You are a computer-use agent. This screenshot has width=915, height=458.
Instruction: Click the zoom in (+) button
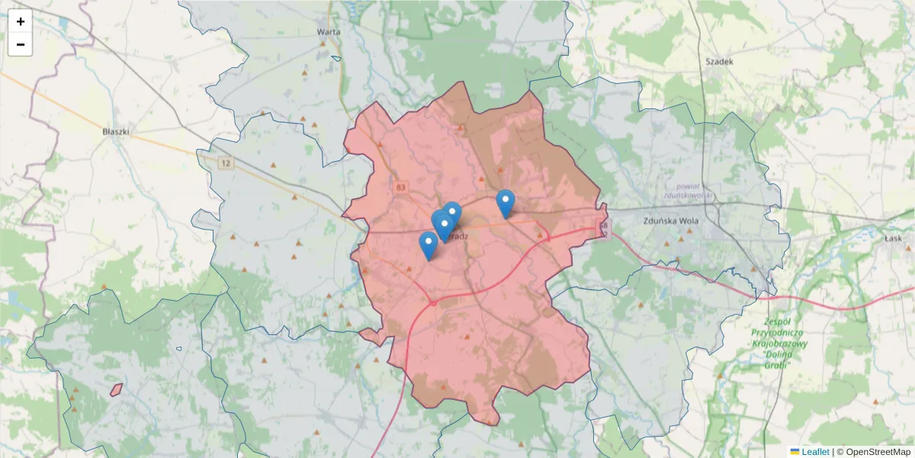21,21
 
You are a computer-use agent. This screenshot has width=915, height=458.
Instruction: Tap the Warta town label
328,32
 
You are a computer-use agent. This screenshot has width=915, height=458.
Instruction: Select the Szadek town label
718,61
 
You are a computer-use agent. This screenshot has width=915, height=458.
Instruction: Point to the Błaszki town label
116,131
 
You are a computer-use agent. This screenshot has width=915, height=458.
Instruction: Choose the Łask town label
894,238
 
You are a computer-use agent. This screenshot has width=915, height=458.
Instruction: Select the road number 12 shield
225,163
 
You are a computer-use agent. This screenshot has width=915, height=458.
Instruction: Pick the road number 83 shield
401,186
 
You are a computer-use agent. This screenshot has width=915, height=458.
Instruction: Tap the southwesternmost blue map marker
428,244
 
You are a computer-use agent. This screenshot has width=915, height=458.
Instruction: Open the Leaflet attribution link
815,452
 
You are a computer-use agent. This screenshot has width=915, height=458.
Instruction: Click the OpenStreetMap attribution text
878,452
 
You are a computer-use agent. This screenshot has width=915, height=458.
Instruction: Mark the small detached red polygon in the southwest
117,389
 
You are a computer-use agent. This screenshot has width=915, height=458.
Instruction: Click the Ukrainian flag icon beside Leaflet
795,452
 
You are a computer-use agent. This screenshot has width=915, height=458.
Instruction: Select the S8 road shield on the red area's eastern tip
602,227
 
